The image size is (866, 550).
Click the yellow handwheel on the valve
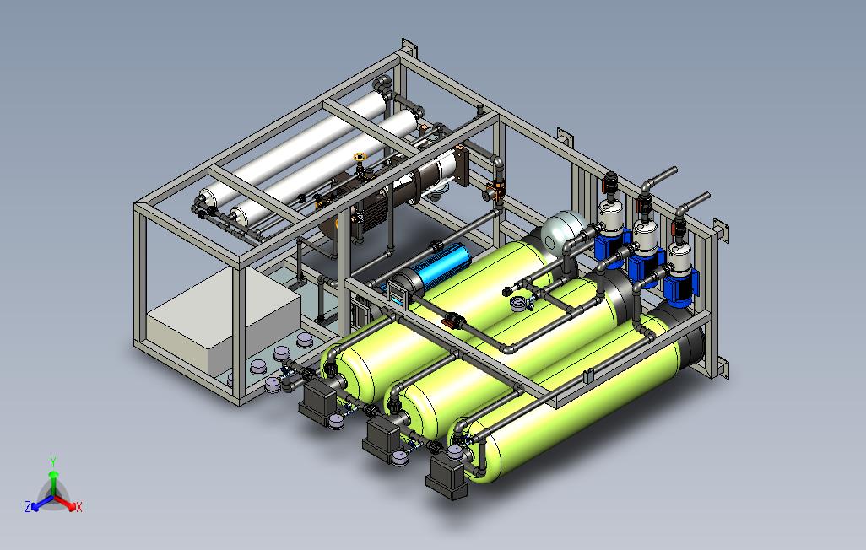point(360,157)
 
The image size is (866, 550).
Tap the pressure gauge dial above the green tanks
point(520,303)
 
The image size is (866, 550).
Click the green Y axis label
point(53,461)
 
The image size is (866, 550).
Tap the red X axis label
point(79,507)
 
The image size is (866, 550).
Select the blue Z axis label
point(28,506)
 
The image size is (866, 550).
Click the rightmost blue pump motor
point(680,288)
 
